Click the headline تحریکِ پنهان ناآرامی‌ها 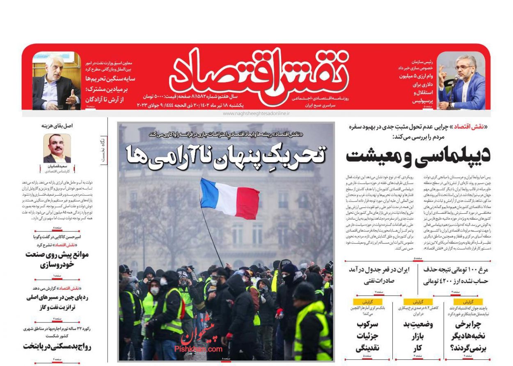point(226,156)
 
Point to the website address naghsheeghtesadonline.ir point(256,113)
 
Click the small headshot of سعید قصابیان point(57,148)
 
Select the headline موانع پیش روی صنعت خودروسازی point(57,259)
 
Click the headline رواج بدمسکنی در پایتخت point(57,346)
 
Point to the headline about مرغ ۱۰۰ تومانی point(456,275)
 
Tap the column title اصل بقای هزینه point(57,126)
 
